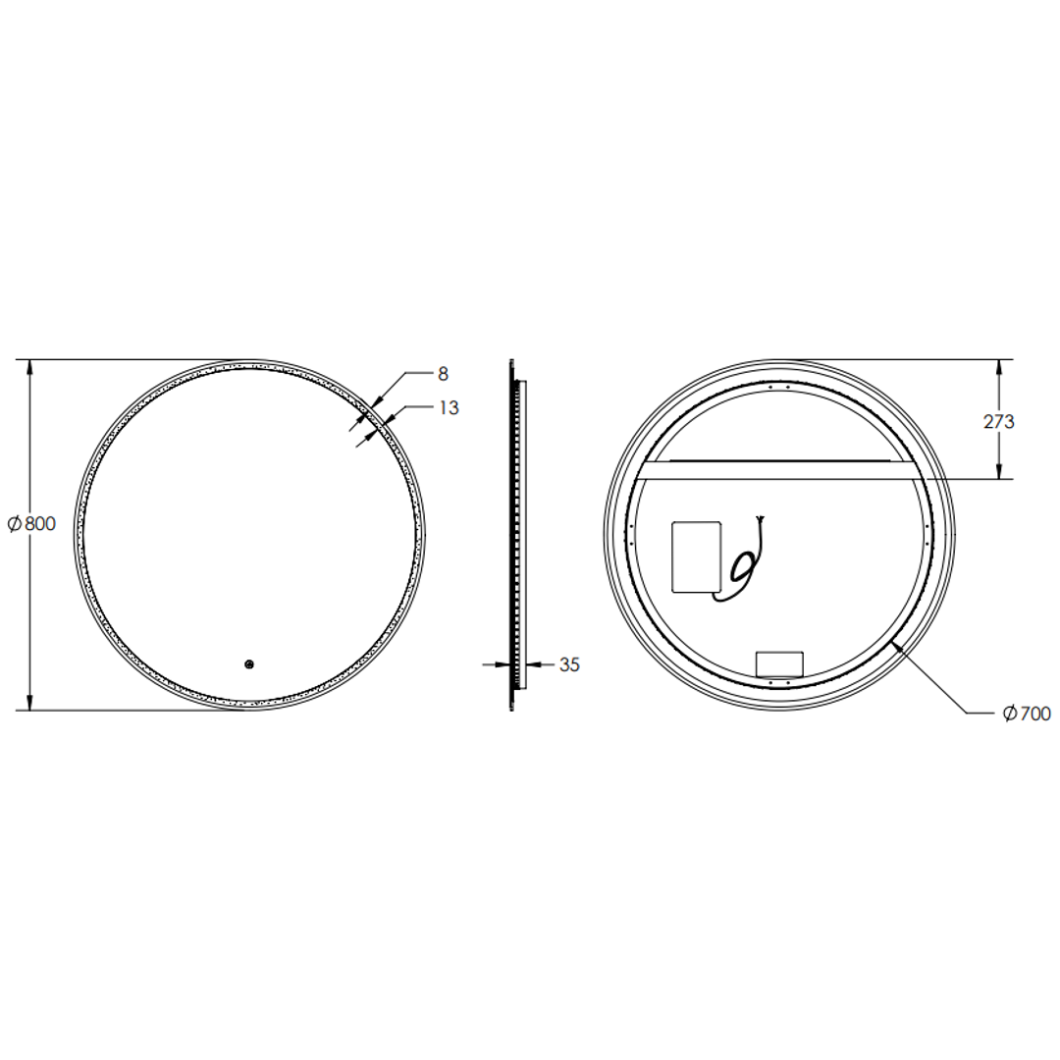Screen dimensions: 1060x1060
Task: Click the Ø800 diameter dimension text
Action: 31,524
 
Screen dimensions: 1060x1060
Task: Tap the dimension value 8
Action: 443,374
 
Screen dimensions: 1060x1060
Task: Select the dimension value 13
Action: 448,408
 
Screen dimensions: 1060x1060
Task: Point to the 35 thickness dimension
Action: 569,664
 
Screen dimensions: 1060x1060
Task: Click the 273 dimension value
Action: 998,422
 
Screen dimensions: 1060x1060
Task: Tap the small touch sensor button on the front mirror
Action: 249,664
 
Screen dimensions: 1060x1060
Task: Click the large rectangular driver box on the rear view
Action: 696,556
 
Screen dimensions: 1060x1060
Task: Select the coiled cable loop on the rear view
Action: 743,566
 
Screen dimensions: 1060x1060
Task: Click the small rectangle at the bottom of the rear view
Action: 778,663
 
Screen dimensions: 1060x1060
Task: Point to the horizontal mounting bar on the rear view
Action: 780,470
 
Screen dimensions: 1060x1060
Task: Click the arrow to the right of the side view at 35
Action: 537,664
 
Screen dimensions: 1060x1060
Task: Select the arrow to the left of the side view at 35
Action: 503,664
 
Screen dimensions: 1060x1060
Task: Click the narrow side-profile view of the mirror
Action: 516,535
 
